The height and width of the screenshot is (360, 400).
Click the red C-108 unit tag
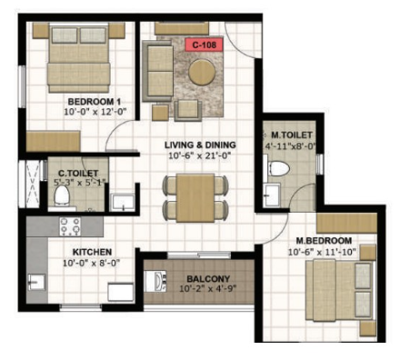[205, 45]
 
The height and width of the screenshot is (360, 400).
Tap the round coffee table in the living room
[202, 73]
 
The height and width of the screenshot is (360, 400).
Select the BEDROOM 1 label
[95, 102]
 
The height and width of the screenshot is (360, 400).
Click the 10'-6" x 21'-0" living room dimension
[200, 155]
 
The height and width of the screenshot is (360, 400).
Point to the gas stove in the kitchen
[70, 226]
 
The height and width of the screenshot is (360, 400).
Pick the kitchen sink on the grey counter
[36, 282]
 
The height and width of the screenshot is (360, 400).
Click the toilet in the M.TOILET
[279, 168]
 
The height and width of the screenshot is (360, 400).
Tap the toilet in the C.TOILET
[62, 195]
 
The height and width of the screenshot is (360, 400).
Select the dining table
[195, 198]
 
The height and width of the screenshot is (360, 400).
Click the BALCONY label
[208, 279]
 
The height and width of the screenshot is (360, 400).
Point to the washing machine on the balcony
[155, 281]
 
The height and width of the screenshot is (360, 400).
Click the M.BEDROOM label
[324, 241]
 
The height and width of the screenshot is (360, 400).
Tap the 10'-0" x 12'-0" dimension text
[95, 112]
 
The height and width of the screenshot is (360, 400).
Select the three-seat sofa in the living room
[158, 71]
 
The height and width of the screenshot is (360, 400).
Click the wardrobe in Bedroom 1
[53, 141]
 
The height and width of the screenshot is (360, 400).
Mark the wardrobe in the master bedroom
[346, 223]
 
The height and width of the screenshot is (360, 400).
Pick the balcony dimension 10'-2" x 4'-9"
[207, 288]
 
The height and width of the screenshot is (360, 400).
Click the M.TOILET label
[292, 135]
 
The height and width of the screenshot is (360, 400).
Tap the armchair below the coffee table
[188, 111]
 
